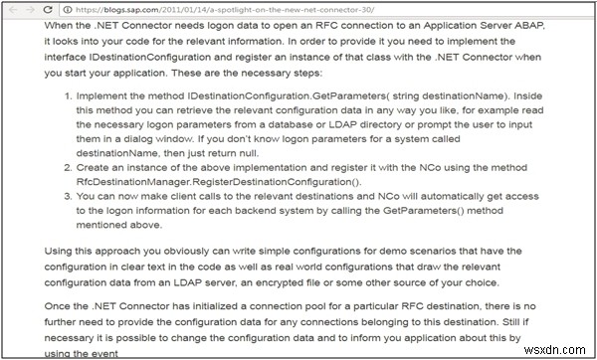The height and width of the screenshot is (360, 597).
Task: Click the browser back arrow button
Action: pyautogui.click(x=12, y=8)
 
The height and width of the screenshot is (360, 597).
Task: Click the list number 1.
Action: pyautogui.click(x=49, y=96)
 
